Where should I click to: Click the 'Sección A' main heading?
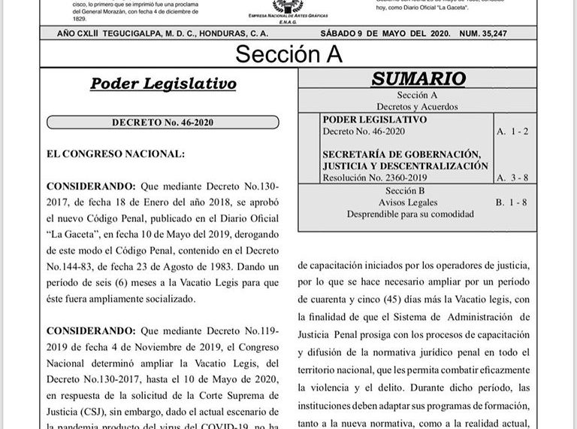(288, 53)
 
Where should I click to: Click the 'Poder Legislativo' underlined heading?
(163, 84)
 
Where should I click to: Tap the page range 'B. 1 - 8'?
(512, 202)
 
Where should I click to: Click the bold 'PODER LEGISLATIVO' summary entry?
(374, 120)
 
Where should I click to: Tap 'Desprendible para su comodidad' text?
(409, 214)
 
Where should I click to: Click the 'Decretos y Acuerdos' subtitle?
(417, 107)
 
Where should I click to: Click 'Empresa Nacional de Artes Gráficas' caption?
(288, 14)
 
